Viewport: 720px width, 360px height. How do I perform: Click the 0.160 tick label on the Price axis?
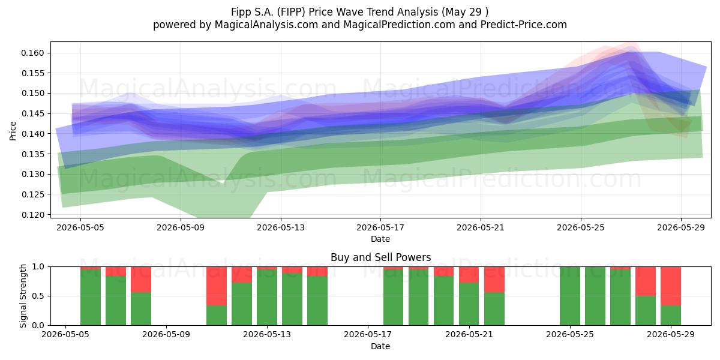(32, 53)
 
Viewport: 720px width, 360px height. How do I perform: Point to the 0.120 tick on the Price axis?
(32, 215)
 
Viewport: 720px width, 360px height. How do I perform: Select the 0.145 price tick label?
(32, 114)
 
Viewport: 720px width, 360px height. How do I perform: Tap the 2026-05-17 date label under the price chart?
(380, 227)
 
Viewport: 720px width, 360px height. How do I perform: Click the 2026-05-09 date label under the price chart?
(181, 227)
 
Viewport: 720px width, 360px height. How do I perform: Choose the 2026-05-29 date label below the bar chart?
(671, 335)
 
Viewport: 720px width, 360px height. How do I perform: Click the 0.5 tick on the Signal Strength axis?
(38, 296)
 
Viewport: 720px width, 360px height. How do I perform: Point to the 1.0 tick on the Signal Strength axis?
(38, 267)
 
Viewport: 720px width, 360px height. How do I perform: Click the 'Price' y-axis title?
(13, 131)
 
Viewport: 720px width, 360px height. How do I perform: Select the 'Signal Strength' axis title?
(23, 296)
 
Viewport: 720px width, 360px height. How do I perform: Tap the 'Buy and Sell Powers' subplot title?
(380, 257)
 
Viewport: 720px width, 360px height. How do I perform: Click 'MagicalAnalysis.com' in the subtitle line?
(266, 25)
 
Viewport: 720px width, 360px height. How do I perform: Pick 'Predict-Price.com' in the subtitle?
(524, 25)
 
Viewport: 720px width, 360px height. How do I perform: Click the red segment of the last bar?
(671, 286)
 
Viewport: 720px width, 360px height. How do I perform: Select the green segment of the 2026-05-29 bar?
(671, 316)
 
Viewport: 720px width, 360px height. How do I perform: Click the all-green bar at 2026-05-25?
(570, 296)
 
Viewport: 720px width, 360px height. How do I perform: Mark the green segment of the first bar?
(91, 298)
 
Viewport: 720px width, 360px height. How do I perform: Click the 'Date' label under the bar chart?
(380, 347)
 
